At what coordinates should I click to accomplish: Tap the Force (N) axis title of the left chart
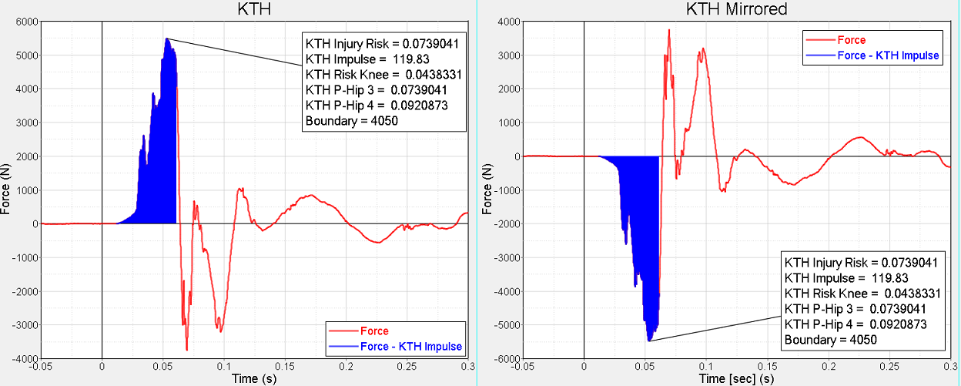click(x=7, y=190)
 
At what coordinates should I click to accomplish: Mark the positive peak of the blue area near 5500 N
click(x=166, y=39)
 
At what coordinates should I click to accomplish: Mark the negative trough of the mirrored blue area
click(x=649, y=340)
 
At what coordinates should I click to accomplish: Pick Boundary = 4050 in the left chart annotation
click(x=351, y=121)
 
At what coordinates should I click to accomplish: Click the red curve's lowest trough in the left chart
click(x=186, y=349)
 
